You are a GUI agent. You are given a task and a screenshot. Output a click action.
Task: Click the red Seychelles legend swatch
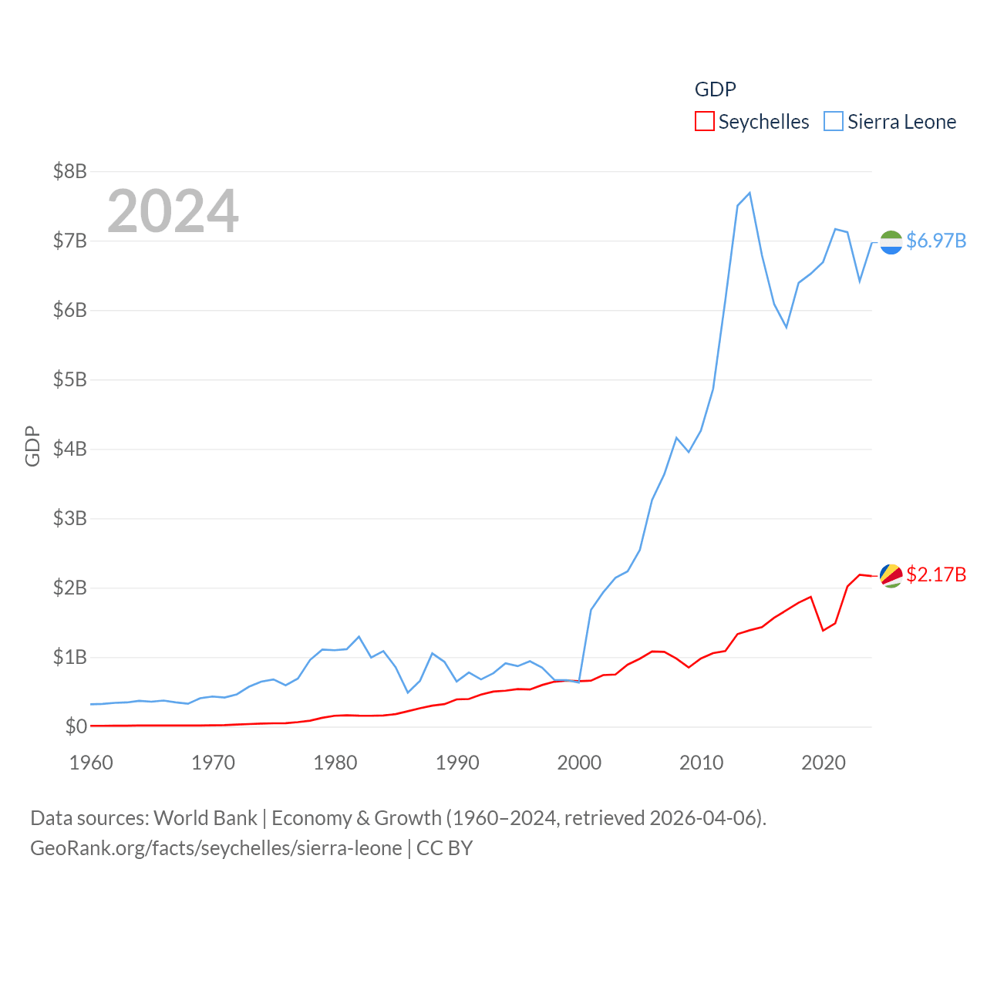(704, 122)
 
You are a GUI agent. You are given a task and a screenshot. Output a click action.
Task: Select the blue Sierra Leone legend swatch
(834, 122)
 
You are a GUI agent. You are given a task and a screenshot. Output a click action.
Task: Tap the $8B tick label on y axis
(69, 171)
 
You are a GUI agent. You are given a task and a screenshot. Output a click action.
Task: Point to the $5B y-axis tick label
(69, 379)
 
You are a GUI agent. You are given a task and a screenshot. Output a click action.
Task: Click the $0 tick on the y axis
(76, 726)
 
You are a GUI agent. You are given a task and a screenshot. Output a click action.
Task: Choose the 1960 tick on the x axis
(91, 763)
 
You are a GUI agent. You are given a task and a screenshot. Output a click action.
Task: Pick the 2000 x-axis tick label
(579, 763)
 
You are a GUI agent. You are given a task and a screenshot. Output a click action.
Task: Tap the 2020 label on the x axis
(824, 763)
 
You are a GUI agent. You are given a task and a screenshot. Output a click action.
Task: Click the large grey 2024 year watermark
(173, 211)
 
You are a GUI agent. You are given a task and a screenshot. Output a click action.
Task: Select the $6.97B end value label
(936, 241)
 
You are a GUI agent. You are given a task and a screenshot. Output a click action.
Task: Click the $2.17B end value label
(936, 574)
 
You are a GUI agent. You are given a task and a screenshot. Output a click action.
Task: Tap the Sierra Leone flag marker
(891, 242)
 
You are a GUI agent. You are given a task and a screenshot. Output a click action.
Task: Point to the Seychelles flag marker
(891, 575)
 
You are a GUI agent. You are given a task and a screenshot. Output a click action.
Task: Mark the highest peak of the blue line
(750, 193)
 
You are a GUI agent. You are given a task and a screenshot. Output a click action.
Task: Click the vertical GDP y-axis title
(32, 446)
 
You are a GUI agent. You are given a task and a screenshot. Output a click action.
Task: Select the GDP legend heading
(715, 89)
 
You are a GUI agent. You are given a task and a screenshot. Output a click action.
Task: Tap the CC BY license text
(444, 848)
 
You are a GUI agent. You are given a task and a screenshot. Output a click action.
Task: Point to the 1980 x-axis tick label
(335, 763)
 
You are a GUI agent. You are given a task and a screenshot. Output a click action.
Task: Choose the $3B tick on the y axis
(69, 518)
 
